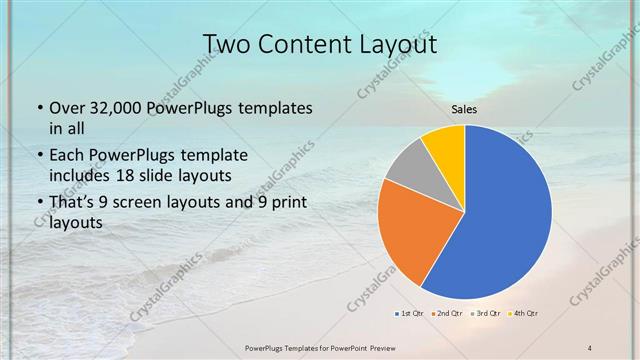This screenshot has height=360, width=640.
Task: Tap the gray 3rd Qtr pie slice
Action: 408,165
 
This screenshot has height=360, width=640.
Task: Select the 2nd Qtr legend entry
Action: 448,314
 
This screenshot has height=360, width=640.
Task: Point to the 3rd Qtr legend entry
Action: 487,314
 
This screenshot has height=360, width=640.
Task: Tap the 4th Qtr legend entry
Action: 525,314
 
